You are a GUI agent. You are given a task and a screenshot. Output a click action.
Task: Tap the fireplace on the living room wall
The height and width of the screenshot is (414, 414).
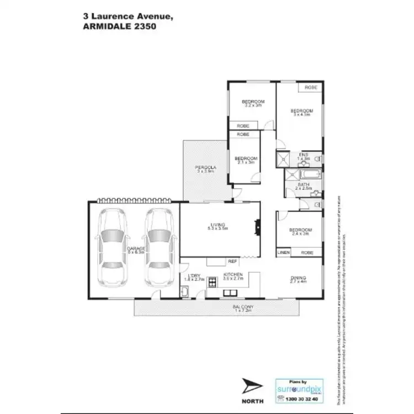pos(256,226)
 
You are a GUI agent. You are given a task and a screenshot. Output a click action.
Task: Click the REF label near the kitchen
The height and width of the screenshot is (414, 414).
pos(232,261)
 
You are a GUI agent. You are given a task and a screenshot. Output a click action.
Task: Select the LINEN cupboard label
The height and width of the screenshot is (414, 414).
pos(283,252)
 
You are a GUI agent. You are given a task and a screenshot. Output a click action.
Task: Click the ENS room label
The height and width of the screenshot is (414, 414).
pos(304,154)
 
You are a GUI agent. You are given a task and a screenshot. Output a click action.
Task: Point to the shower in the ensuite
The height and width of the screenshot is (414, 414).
pos(284,160)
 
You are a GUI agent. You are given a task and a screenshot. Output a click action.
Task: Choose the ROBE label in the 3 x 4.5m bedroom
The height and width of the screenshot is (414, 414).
pos(311,88)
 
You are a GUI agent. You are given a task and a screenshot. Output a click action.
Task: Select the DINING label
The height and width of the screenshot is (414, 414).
pos(298,278)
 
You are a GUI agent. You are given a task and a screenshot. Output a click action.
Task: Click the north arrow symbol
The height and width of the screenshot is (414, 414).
pos(252,385)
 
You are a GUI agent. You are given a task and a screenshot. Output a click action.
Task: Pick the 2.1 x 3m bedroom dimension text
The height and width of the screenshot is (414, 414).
pos(244,162)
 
